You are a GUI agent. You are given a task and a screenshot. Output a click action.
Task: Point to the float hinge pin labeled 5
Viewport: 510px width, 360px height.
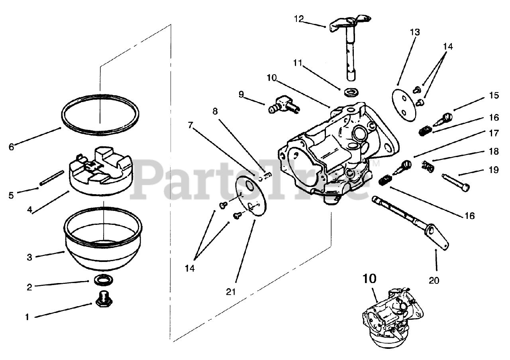[52, 178]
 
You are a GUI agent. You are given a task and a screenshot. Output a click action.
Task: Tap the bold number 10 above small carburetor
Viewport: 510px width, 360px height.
[369, 278]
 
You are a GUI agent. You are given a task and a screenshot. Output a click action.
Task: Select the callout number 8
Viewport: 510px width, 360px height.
[215, 112]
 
